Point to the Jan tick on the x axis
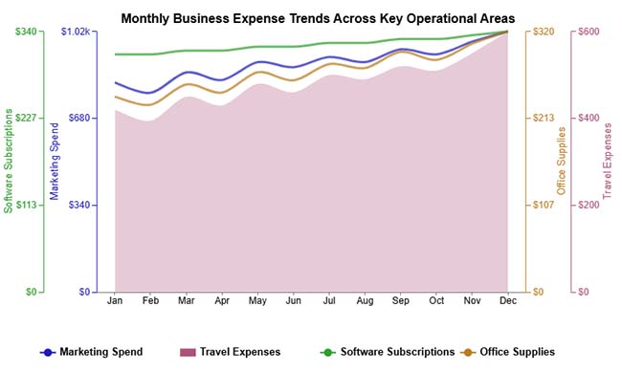(x=115, y=300)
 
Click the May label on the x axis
(x=257, y=300)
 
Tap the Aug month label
(x=365, y=300)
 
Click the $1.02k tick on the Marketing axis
(x=76, y=32)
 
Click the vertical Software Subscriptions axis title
(x=9, y=161)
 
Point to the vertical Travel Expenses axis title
(x=608, y=161)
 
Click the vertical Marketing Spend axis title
(x=55, y=161)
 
